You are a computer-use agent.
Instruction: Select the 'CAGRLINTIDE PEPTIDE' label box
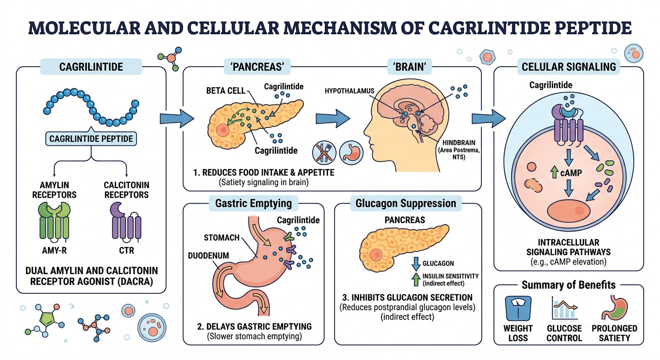[x=90, y=139]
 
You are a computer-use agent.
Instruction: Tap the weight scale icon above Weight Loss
[x=518, y=307]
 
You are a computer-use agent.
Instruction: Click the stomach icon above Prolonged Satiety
[x=614, y=307]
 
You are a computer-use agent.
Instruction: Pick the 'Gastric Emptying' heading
[x=253, y=203]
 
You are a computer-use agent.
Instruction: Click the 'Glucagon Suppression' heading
[x=406, y=203]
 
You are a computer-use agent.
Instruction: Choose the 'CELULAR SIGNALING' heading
[x=569, y=67]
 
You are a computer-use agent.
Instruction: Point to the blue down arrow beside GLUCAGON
[x=414, y=263]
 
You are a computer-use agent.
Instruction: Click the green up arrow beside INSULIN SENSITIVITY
[x=414, y=279]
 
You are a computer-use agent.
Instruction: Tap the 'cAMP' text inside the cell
[x=570, y=173]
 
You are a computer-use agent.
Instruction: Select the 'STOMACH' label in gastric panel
[x=222, y=237]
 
